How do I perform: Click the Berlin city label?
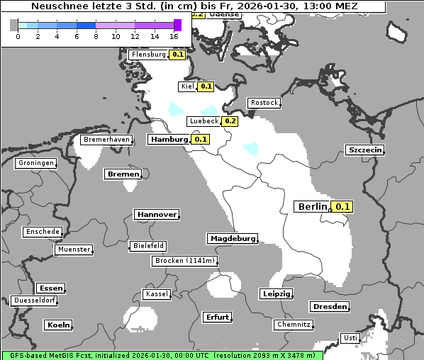coord(311,206)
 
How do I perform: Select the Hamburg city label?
coord(169,140)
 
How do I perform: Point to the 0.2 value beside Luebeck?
coord(230,121)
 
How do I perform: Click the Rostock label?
coord(264,103)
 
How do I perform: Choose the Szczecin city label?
coord(364,150)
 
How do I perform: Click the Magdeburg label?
coord(231,238)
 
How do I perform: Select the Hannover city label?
coord(155,214)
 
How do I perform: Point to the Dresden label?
coord(329,306)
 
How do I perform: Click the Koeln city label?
coord(58,325)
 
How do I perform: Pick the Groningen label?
coord(36,163)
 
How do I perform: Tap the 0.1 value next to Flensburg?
coord(177,55)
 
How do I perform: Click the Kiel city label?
coord(187,86)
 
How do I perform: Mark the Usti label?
coord(350,337)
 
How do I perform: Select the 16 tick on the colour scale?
coord(174,36)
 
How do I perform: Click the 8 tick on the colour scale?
coord(96,36)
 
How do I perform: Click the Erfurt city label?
coord(216,317)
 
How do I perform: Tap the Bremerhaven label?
coord(106,140)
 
